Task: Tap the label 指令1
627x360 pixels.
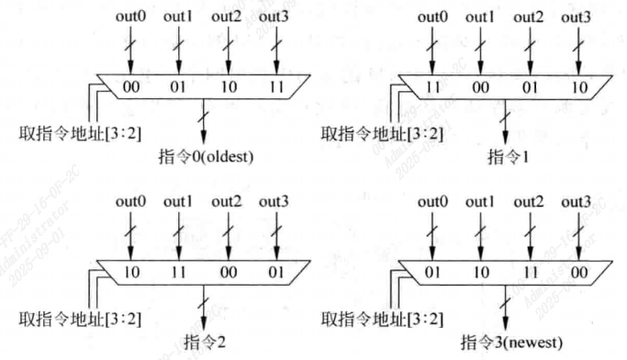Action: (x=505, y=156)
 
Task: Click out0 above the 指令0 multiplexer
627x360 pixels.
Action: (x=129, y=17)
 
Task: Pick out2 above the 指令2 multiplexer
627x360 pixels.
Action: (x=226, y=202)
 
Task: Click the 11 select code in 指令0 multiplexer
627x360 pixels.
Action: (x=274, y=88)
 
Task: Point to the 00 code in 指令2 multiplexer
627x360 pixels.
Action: (x=226, y=274)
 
